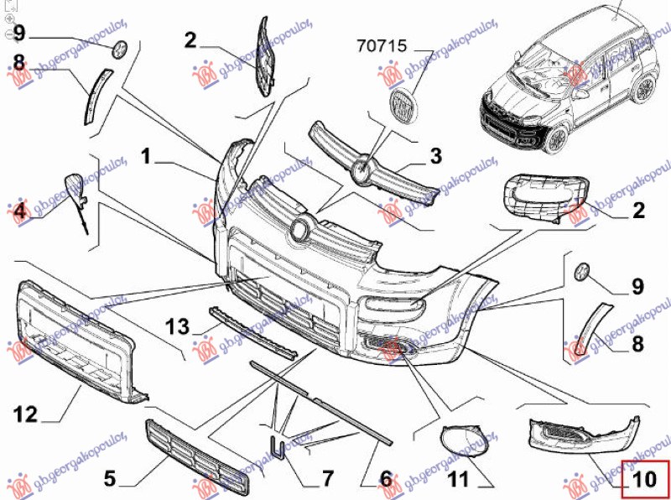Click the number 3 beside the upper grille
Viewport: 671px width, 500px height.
click(x=435, y=156)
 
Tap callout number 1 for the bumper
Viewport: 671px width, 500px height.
click(x=146, y=155)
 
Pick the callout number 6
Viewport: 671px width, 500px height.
click(x=385, y=479)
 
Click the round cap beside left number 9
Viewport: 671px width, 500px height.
click(x=119, y=49)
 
